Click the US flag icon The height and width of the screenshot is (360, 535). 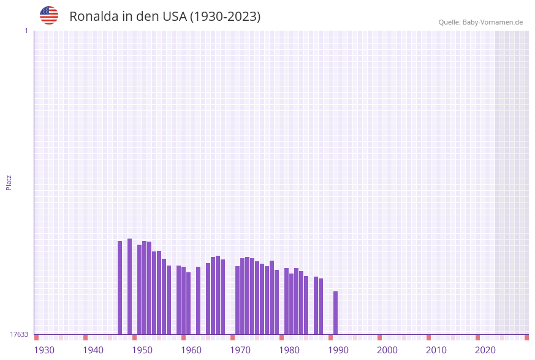coord(49,15)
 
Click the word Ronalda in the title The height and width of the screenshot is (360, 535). coord(93,17)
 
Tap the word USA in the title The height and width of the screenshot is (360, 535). coord(174,17)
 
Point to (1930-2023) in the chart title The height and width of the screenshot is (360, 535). coord(225,17)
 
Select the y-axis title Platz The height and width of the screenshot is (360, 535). coord(9,182)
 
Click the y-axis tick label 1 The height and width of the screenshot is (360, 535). coord(26,31)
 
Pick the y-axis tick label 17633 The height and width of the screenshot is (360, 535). coord(19,334)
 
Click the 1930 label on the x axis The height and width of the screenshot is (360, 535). coord(44,350)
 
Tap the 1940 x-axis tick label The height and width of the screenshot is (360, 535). coord(93,350)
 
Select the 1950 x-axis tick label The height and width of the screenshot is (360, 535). coord(142,350)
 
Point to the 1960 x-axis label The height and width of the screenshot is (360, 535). coord(191,350)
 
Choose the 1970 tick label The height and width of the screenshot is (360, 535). coord(240,350)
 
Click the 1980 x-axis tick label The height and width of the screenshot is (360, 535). coord(289,350)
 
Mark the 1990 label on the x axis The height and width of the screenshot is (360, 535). coord(338,350)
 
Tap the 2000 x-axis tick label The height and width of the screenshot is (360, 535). coord(387,350)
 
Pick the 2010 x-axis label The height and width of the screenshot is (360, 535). coord(436,350)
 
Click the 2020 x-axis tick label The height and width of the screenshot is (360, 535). coord(485,350)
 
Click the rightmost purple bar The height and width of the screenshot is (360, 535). coord(336,312)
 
